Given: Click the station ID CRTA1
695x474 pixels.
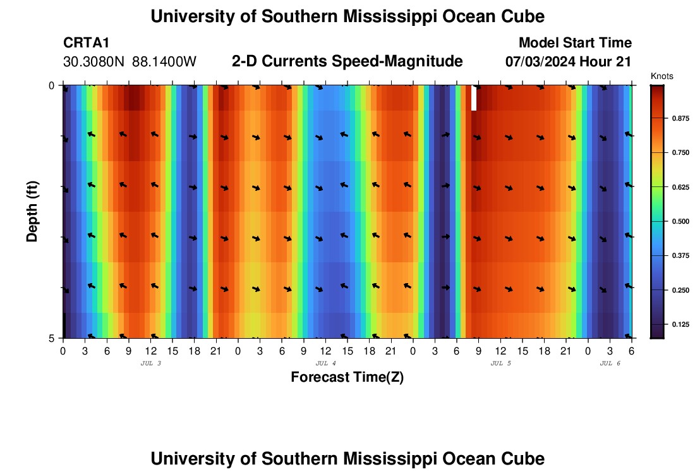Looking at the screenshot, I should coord(87,43).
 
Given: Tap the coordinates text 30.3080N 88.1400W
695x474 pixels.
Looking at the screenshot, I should coord(130,62).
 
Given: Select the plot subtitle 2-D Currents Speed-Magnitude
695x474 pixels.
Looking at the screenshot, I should coord(347,61).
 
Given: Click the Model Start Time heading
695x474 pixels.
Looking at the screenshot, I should coord(575,43).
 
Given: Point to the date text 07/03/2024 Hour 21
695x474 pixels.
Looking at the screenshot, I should coord(569,62).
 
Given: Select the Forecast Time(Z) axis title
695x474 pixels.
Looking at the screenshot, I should coord(347,377).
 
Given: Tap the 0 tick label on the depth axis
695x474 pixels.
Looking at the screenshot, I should coord(52,85).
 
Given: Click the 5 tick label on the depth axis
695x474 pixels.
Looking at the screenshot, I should coord(52,338).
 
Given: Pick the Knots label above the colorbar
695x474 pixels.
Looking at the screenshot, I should coord(662,76).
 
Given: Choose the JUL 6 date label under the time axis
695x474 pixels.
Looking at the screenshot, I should coord(610,363).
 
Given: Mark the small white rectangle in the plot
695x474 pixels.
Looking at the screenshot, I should coord(474,99).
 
